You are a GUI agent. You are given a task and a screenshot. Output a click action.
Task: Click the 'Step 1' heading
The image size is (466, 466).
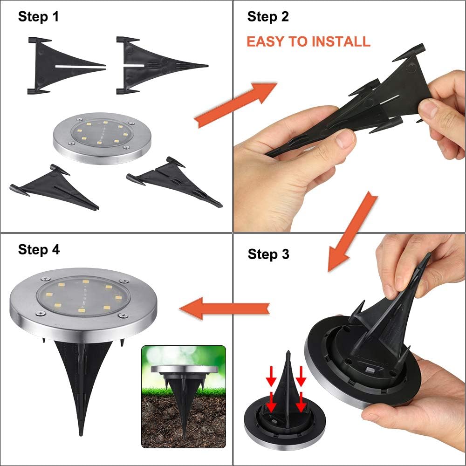[x=39, y=17]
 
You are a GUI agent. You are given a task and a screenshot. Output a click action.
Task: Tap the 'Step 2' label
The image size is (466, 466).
[x=268, y=17]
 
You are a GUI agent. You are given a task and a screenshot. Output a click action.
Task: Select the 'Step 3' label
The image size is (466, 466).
[x=268, y=254]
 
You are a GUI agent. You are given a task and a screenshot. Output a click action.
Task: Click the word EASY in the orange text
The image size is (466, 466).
[x=266, y=41]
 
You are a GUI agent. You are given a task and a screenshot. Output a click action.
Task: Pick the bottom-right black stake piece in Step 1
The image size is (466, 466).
[x=175, y=182]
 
